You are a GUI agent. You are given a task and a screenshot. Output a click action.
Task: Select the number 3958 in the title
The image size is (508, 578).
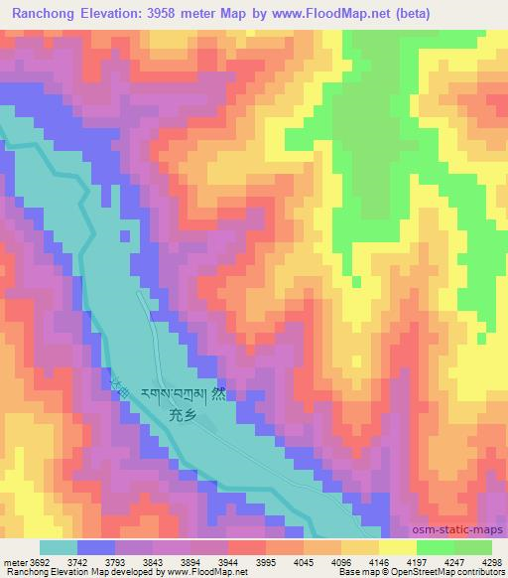click(x=173, y=11)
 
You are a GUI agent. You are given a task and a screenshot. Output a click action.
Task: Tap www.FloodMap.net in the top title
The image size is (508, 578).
click(x=335, y=11)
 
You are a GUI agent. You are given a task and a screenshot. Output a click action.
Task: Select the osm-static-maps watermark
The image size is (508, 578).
click(x=458, y=530)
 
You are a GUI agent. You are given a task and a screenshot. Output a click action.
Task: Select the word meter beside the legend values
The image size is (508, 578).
click(x=13, y=562)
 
